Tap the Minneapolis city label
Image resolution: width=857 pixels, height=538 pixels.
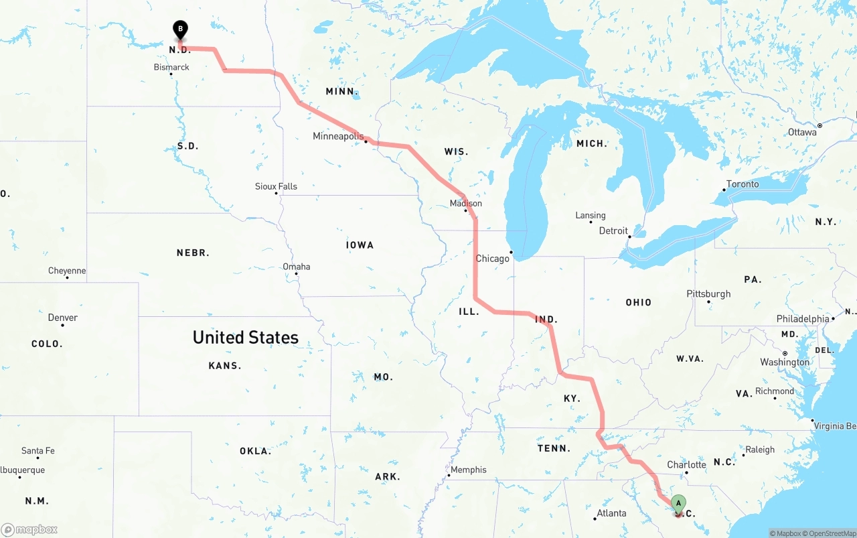(x=338, y=136)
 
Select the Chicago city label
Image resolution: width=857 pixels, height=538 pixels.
(x=492, y=259)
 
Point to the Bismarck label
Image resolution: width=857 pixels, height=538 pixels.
(x=171, y=67)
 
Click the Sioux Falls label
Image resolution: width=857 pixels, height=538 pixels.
(x=276, y=186)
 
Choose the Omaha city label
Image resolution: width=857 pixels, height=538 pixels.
(x=296, y=267)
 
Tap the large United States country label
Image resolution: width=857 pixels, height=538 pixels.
(x=246, y=337)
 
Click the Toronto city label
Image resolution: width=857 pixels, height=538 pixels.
(x=743, y=184)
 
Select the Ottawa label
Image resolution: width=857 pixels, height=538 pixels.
(x=802, y=132)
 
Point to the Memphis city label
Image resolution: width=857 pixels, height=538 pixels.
(x=468, y=470)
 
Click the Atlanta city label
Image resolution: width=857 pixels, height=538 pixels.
(x=611, y=513)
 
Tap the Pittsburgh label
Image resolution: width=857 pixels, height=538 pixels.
(x=708, y=293)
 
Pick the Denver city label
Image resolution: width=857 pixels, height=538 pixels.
(x=62, y=318)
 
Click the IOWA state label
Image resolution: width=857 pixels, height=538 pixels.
(x=360, y=245)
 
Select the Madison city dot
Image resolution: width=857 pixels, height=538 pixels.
(x=466, y=212)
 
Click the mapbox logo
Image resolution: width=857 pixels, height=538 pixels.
(x=29, y=530)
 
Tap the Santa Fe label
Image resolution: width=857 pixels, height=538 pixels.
(x=37, y=451)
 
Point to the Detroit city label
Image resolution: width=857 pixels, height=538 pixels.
(x=613, y=230)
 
